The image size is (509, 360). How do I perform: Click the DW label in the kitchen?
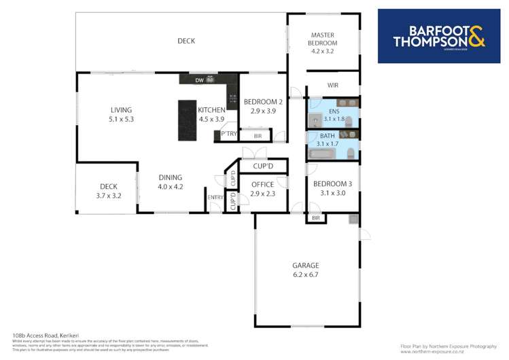(x=199, y=81)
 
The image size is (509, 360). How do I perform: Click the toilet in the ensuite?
(x=349, y=122)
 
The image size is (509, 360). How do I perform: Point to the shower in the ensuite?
(x=315, y=120)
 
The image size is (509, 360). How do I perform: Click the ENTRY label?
(x=215, y=198)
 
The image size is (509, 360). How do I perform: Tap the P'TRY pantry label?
(x=228, y=134)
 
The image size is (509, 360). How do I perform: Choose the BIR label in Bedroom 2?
(x=258, y=137)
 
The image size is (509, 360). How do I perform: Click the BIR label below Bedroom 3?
(x=316, y=218)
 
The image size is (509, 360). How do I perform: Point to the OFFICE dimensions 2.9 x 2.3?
(x=262, y=194)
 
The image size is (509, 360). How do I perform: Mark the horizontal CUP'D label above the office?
(x=262, y=166)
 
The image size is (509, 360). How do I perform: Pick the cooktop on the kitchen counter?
(x=232, y=98)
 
